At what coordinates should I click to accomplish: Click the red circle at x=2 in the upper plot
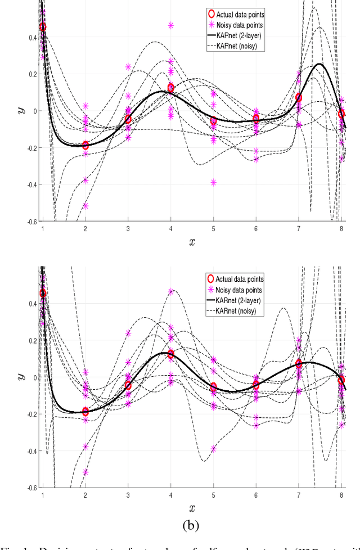85,145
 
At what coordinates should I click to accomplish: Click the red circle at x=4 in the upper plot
171,88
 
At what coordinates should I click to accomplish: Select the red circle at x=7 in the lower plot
299,364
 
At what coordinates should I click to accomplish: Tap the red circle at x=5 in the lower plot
214,387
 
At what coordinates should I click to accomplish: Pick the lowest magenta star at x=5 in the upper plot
214,182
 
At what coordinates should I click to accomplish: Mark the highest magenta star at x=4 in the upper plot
171,25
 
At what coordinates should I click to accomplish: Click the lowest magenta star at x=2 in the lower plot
85,472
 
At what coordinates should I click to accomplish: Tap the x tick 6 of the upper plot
256,229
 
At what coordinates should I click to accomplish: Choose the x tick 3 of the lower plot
128,495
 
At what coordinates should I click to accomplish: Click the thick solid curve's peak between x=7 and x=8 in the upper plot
320,64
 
